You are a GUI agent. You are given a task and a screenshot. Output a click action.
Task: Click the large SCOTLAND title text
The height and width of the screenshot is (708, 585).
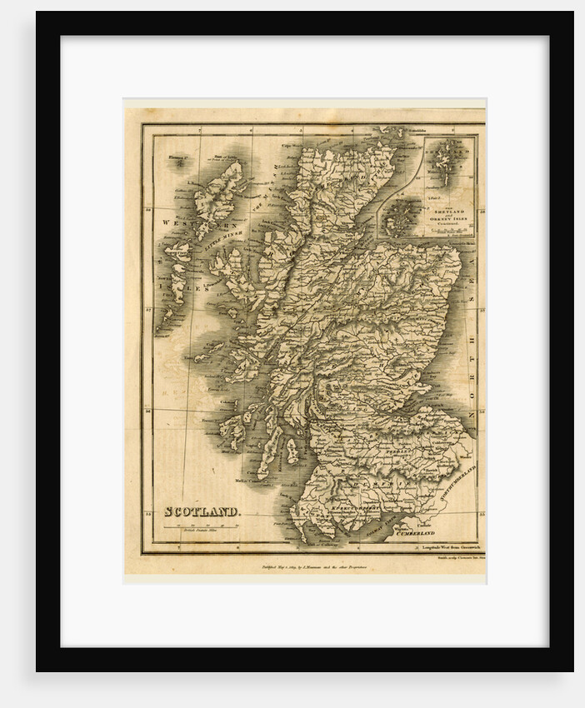click(x=202, y=511)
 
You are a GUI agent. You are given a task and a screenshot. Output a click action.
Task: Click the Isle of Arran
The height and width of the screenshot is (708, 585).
click(x=292, y=451)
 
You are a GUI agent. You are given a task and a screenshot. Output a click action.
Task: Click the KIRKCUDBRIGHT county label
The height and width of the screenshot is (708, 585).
click(x=351, y=505)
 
